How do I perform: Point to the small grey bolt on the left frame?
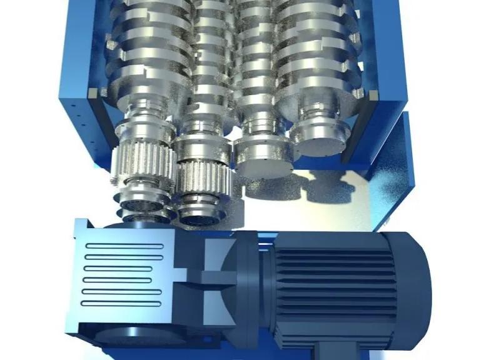point(93,92)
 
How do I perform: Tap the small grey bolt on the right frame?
point(373,94)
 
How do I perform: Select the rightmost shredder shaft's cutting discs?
point(313,50)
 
